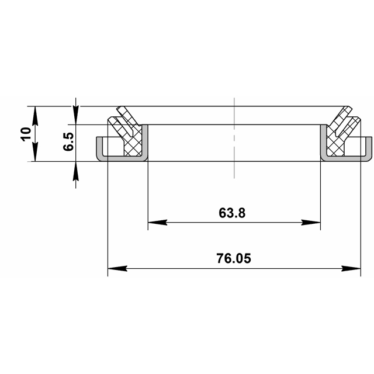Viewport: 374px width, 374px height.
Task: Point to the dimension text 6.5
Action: click(68, 142)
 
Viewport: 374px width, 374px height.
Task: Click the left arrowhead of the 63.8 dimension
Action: click(154, 223)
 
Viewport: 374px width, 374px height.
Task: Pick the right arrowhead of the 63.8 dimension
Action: click(314, 223)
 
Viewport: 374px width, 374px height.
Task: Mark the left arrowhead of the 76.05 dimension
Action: click(116, 269)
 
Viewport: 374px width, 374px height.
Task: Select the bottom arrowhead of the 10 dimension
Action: click(35, 155)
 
